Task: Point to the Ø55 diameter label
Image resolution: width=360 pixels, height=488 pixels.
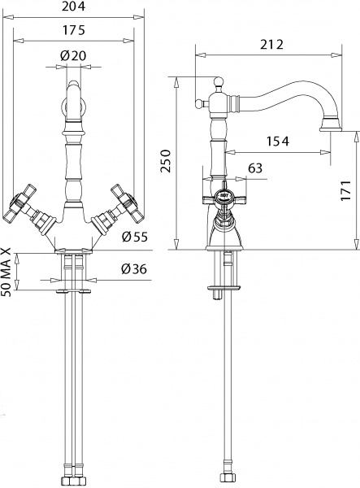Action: (133, 237)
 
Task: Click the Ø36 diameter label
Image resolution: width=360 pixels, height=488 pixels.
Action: (133, 269)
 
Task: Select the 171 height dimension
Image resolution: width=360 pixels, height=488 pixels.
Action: (347, 190)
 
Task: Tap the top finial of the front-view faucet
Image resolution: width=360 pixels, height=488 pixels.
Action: (74, 85)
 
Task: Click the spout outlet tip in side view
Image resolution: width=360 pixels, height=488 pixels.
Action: (332, 125)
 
